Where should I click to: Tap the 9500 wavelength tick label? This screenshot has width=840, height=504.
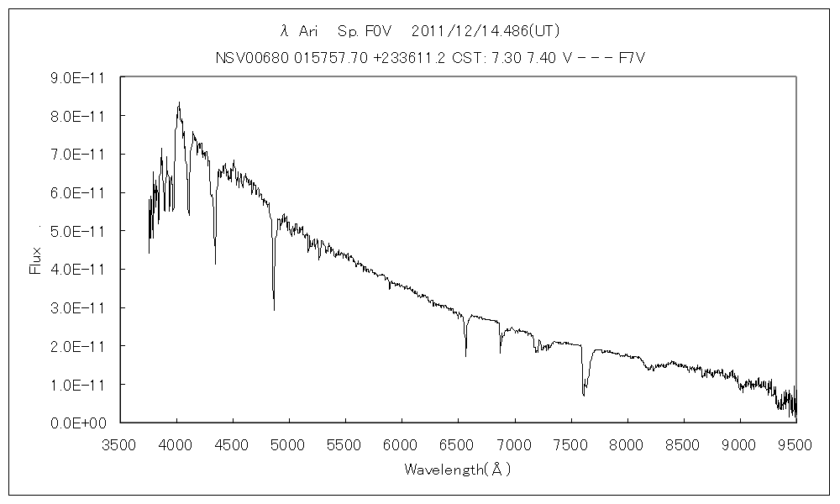795,444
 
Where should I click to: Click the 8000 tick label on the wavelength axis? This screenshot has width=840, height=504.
627,444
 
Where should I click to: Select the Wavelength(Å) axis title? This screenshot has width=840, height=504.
458,469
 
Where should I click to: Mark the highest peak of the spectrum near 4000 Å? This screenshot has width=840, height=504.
179,103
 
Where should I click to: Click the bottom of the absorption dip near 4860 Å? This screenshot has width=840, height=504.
274,310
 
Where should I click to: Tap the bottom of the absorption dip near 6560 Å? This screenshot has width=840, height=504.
465,356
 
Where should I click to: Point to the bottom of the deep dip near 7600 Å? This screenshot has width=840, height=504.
583,395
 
